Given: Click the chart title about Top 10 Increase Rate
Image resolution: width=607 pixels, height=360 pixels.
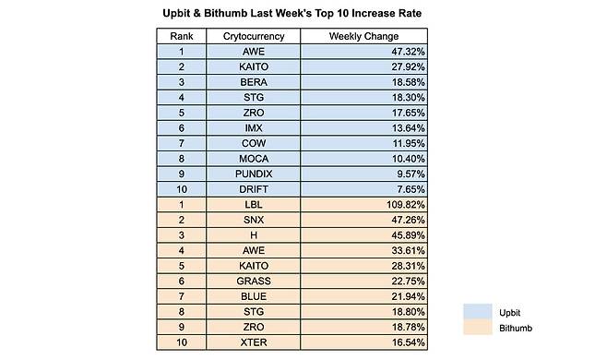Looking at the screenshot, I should [x=303, y=14].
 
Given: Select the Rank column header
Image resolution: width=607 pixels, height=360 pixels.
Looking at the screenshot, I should [x=182, y=36].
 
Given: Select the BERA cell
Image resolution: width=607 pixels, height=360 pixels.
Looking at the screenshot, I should [x=254, y=84].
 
